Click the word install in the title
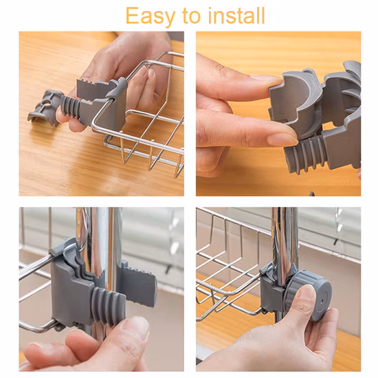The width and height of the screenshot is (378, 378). coord(236,15)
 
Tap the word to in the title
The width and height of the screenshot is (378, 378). coord(192,16)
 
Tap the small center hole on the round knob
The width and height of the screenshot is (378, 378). coord(322,302)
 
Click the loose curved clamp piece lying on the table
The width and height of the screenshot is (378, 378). coord(45,107)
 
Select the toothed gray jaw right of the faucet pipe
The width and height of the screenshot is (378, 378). coord(137,282)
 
